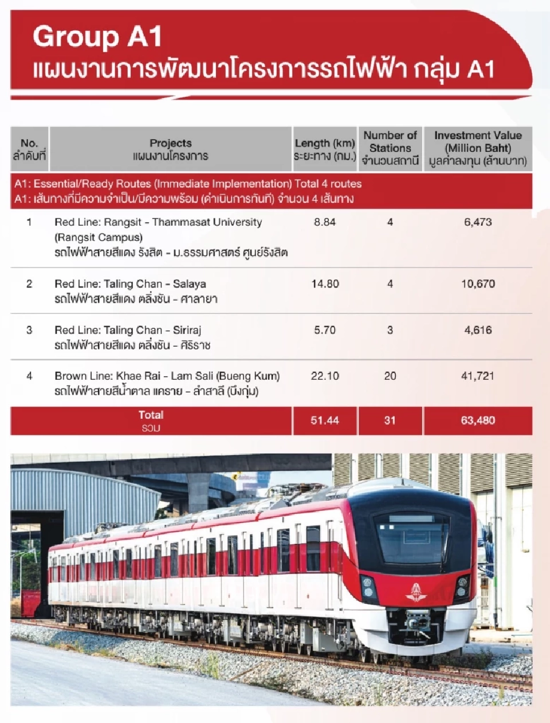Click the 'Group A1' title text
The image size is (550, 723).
point(98,37)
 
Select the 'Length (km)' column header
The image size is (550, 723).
point(325,143)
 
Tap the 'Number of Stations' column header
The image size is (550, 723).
point(390,142)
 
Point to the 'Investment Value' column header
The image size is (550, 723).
point(478,136)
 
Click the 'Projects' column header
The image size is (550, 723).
point(170,143)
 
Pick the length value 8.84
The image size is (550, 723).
point(325,222)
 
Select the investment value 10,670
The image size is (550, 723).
point(478,284)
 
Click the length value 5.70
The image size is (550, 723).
point(325,330)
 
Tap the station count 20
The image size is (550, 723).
point(390,376)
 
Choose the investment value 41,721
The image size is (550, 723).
point(478,376)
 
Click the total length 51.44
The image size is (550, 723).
point(325,421)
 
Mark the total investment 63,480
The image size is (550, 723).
point(478,421)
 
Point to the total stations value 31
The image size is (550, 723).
point(390,421)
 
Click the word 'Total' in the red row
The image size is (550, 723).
point(151,415)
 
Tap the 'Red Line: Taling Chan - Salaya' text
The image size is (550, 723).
point(130,284)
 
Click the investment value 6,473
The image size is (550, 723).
point(478,222)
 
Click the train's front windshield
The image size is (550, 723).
point(411,539)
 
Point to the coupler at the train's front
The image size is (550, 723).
point(417,621)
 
